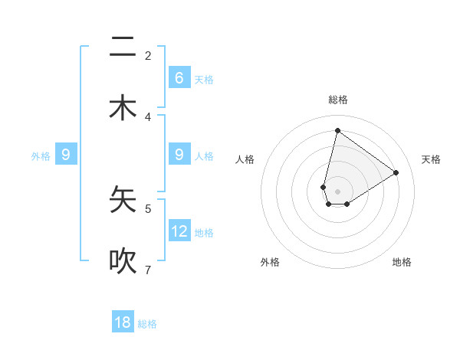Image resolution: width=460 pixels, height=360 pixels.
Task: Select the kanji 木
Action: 123,108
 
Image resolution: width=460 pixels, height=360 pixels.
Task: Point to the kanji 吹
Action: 123,261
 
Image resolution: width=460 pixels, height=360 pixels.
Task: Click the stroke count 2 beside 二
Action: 148,56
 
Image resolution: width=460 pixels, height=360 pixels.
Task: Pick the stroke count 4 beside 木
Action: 148,116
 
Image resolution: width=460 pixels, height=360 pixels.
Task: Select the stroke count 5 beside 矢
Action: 148,208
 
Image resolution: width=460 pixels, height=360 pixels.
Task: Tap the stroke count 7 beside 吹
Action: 148,270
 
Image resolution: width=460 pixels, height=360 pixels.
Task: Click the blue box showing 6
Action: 179,77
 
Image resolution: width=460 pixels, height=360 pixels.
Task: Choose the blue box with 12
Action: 179,231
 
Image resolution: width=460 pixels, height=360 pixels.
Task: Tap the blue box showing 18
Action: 123,322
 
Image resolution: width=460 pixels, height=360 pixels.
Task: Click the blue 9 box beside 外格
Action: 66,155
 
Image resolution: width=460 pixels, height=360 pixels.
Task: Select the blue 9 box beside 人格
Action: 179,155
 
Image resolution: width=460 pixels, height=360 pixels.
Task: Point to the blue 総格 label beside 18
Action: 147,324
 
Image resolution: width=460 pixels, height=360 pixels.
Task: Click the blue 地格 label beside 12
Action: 204,232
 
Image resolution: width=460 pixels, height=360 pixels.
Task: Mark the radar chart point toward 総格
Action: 337,130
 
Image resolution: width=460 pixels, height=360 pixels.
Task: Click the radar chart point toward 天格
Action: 396,172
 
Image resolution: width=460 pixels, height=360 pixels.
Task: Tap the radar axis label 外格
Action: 270,263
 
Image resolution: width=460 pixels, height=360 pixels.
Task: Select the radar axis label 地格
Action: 402,263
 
